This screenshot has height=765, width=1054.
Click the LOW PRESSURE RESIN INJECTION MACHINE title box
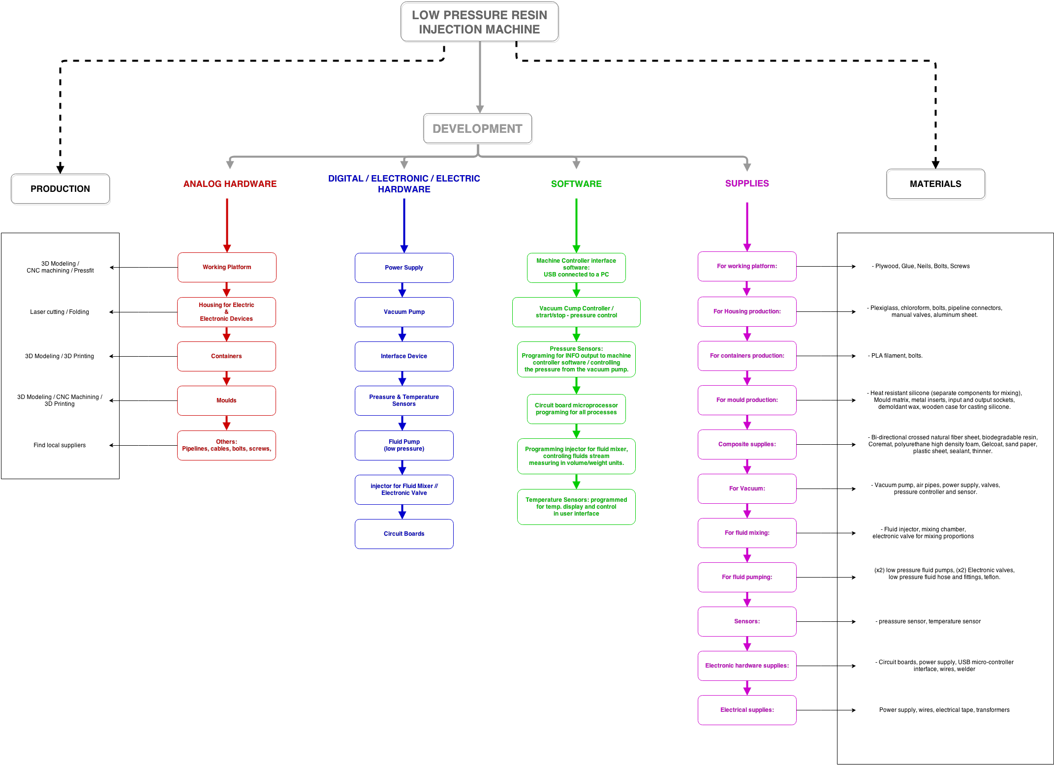(480, 23)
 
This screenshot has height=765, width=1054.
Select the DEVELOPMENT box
(478, 129)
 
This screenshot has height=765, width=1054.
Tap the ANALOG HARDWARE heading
(230, 184)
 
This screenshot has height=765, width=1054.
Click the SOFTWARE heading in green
(576, 184)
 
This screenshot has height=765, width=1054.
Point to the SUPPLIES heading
(747, 184)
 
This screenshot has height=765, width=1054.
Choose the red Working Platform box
(227, 267)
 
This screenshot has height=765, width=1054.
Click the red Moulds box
(226, 400)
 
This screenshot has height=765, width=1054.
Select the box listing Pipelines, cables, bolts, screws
(226, 445)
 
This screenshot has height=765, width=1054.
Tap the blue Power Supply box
(404, 268)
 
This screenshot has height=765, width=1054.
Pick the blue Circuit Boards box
(404, 534)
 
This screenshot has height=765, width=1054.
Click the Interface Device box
(404, 356)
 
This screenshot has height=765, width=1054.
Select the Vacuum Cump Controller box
(576, 312)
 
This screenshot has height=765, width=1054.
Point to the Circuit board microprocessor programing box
(576, 409)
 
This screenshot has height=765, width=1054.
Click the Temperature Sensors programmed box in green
(576, 507)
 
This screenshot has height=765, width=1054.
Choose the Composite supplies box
(747, 444)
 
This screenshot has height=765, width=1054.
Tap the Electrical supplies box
(747, 710)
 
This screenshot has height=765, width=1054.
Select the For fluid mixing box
(747, 533)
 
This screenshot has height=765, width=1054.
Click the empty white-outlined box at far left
(61, 189)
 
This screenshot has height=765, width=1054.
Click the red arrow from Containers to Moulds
(226, 378)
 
